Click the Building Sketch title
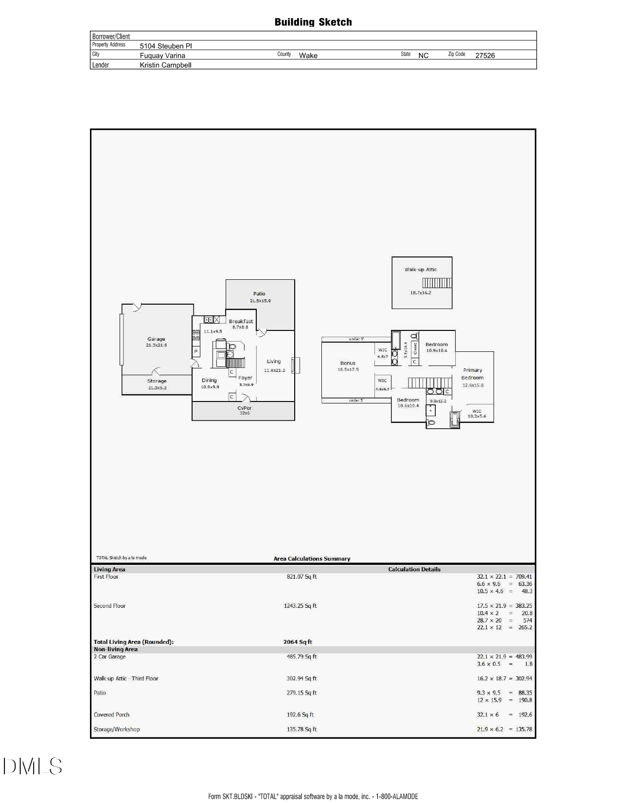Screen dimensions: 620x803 (x=313, y=22)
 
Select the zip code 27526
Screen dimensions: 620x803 (x=485, y=55)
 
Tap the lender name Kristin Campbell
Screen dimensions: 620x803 (x=165, y=65)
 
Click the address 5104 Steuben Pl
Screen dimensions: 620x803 (x=166, y=46)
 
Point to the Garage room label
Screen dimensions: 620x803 (x=156, y=339)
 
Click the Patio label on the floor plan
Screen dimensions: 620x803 (x=259, y=294)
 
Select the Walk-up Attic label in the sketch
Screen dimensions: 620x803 (x=421, y=270)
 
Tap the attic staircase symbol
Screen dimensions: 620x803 (x=437, y=283)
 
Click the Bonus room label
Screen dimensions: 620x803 (x=348, y=363)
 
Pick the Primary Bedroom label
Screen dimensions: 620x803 (x=473, y=374)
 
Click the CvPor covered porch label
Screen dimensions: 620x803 (x=245, y=408)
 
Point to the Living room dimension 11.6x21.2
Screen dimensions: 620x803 (x=274, y=370)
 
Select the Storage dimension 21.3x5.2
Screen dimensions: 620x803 (x=157, y=388)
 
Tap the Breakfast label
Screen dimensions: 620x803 (x=241, y=322)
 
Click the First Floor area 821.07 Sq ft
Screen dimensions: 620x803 (x=301, y=577)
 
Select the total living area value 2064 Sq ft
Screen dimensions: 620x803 (x=298, y=642)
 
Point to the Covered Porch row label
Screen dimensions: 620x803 (x=111, y=715)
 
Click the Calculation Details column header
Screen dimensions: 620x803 (x=414, y=569)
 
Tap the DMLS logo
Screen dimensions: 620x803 (x=33, y=766)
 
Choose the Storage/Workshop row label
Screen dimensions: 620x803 (x=117, y=729)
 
